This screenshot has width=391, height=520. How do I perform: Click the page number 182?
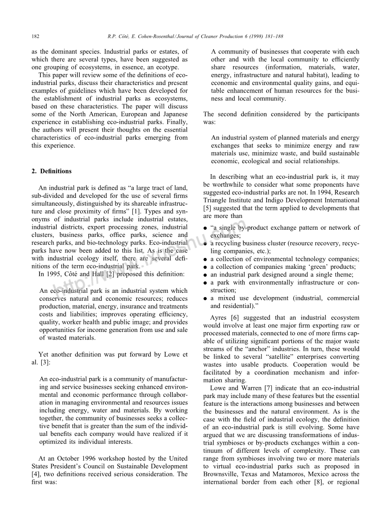click(35, 37)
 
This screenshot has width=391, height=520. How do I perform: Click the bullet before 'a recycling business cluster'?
click(205, 244)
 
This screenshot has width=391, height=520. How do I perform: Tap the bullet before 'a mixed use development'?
click(205, 298)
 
